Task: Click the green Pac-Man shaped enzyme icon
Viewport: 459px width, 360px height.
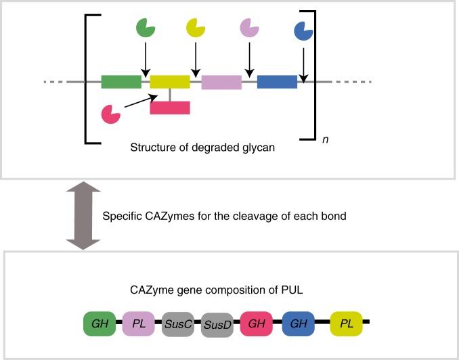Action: (x=144, y=28)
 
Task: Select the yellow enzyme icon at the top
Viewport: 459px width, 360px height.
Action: (x=195, y=28)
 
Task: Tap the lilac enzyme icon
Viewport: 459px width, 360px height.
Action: (x=249, y=28)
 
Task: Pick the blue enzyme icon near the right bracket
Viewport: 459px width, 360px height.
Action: (x=303, y=30)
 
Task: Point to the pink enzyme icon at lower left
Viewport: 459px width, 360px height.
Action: (x=110, y=114)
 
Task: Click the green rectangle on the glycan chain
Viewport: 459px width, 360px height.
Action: (x=121, y=82)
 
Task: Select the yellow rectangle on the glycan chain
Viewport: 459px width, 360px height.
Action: (x=170, y=82)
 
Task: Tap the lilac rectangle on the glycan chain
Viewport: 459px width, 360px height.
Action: (x=221, y=82)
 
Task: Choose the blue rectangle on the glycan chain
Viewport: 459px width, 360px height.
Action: (x=277, y=82)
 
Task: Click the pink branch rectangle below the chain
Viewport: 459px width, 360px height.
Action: (x=170, y=107)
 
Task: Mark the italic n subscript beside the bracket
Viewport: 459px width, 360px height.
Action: (x=326, y=139)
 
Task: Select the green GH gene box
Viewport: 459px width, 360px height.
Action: (x=97, y=324)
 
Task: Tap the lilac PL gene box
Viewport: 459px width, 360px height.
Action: (x=139, y=324)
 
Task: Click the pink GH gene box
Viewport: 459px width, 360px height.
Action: (x=257, y=324)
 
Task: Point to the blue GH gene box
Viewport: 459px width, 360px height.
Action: (x=298, y=324)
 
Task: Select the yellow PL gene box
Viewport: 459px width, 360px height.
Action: (x=347, y=324)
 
